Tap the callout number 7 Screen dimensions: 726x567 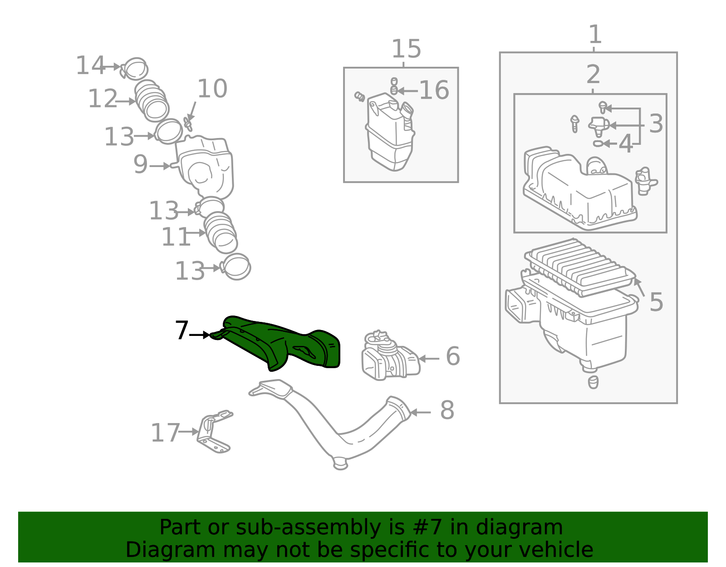(182, 330)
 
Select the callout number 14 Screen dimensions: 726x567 (90, 65)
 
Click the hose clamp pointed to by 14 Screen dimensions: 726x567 (134, 69)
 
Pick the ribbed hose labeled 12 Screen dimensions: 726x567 (152, 101)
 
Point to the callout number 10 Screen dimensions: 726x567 (212, 89)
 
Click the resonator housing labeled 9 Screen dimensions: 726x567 (204, 167)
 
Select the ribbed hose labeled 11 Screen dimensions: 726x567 (221, 232)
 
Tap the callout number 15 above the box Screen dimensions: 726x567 (406, 49)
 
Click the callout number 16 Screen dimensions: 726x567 (434, 90)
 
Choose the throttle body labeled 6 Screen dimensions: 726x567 (390, 355)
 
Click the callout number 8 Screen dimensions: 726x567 (447, 410)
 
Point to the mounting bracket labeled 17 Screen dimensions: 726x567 (214, 433)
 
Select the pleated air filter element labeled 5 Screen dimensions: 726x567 (579, 267)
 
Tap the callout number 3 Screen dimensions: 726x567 (656, 123)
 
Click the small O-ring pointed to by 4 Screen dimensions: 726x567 (598, 143)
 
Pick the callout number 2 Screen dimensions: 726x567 (593, 74)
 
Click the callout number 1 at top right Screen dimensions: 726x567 (595, 34)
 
